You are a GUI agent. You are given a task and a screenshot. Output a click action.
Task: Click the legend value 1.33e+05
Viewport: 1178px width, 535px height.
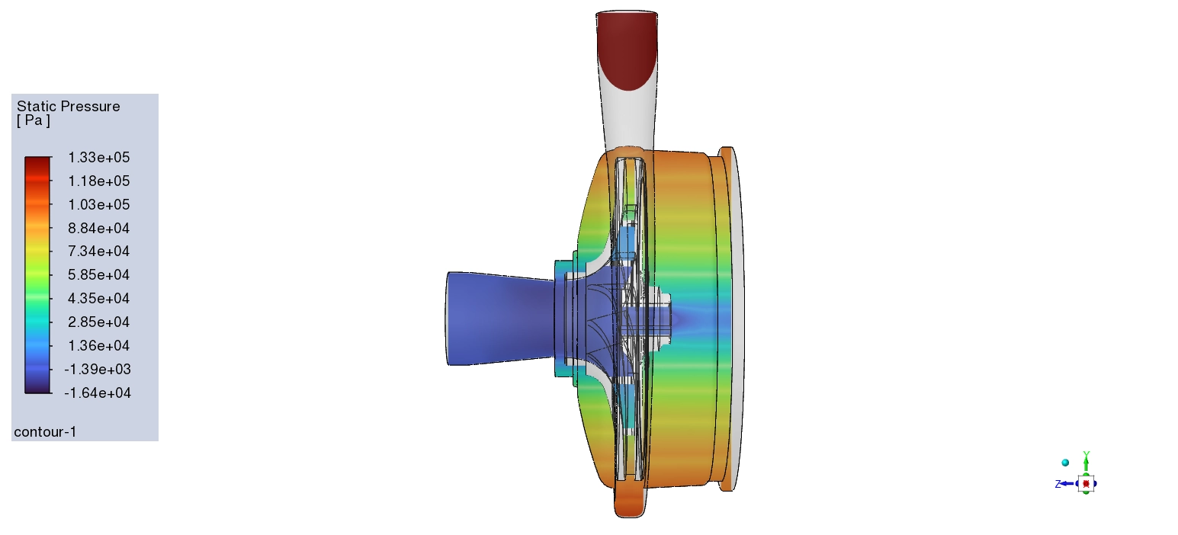coord(99,157)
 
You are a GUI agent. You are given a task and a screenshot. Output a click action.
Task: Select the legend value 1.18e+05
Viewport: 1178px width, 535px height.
coord(99,181)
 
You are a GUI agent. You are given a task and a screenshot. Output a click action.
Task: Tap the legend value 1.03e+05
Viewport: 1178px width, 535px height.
coord(99,204)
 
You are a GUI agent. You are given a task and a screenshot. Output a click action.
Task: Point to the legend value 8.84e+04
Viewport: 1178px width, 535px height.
coord(99,228)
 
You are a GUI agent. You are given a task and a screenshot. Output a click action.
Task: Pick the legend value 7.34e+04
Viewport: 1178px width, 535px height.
coord(99,251)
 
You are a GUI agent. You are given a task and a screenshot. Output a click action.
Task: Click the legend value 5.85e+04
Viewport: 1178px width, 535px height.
coord(99,275)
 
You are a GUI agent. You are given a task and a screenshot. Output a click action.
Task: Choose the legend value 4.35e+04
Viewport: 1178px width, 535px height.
coord(99,299)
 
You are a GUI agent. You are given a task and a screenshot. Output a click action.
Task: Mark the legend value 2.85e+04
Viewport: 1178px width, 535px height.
coord(99,322)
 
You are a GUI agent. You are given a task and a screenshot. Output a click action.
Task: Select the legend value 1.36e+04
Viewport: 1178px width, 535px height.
coord(99,346)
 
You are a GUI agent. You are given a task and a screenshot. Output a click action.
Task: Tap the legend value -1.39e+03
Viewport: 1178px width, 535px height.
coord(98,370)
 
